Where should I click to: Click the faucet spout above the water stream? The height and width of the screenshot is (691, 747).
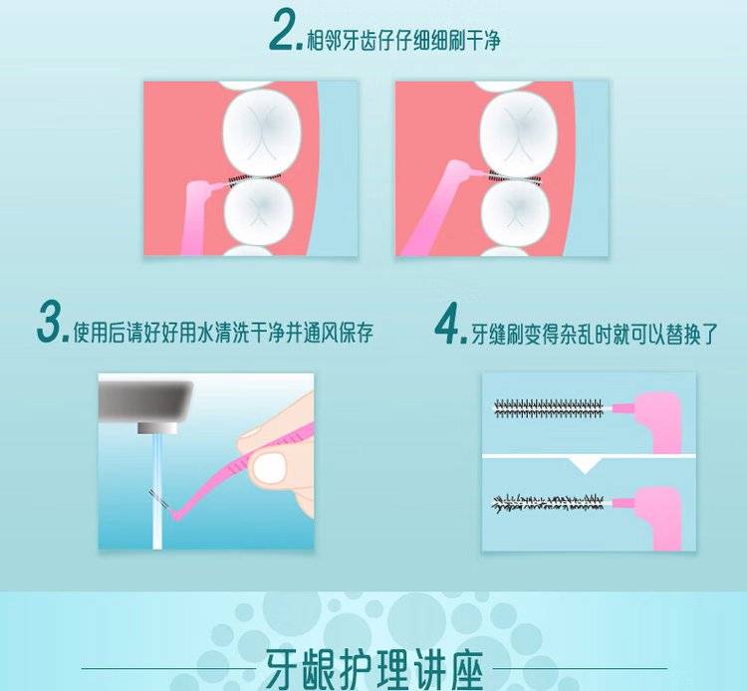click(x=157, y=428)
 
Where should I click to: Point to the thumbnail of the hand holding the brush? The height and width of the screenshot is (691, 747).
click(x=270, y=466)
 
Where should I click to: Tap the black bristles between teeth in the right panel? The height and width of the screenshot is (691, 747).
click(x=515, y=177)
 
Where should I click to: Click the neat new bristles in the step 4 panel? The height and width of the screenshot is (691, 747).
click(x=549, y=408)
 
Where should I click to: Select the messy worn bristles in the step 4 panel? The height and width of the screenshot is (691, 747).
click(x=549, y=503)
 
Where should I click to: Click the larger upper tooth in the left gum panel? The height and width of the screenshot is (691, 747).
click(x=262, y=131)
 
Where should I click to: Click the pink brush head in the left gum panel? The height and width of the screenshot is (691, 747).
click(x=208, y=185)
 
